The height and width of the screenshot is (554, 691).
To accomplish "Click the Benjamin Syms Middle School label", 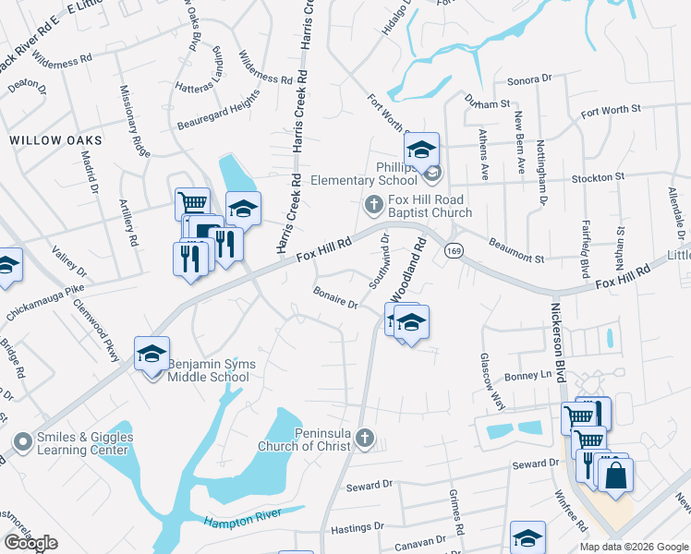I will pyautogui.click(x=211, y=370).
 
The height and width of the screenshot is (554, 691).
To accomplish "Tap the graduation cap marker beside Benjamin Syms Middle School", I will pyautogui.click(x=152, y=355).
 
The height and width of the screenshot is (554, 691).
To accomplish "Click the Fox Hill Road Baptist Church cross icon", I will pyautogui.click(x=374, y=202).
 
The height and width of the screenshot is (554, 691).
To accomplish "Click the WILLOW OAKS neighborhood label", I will pyautogui.click(x=55, y=140).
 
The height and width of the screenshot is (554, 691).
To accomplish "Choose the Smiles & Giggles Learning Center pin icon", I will pyautogui.click(x=21, y=443).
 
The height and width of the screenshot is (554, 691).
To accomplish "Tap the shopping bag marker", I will pyautogui.click(x=615, y=476).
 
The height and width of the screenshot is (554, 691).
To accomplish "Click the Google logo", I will pyautogui.click(x=31, y=543).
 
